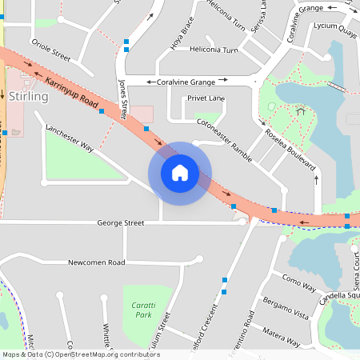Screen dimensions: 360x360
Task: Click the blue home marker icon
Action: (180, 173)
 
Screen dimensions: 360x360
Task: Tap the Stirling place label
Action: (30, 97)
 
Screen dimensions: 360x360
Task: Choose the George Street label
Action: (121, 223)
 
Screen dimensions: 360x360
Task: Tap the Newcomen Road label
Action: (96, 262)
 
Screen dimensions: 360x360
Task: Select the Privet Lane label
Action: (206, 98)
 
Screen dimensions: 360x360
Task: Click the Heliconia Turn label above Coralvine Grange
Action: (214, 50)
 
